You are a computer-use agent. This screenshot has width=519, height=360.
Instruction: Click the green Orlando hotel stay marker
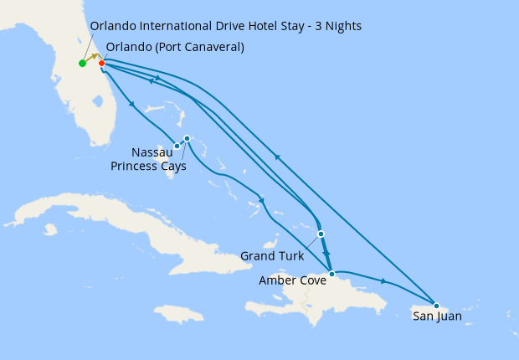[x=82, y=63]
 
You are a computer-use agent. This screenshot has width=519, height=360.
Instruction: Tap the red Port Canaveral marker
[x=101, y=63]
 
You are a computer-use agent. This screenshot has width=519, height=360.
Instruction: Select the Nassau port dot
[x=177, y=147]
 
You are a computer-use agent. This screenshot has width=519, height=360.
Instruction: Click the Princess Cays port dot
[x=187, y=138]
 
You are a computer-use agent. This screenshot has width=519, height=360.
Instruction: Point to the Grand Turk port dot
[x=321, y=234]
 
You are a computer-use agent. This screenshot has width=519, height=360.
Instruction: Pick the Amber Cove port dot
[x=331, y=274]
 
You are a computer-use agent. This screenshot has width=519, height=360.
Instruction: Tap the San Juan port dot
[x=436, y=305]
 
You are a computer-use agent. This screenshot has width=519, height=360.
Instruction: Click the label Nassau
[x=152, y=152]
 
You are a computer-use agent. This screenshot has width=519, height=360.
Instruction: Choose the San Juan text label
[x=437, y=316]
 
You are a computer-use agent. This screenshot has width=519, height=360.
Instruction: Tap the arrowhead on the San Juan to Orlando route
[x=277, y=157]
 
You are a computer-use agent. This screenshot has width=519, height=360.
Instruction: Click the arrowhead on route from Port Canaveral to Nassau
[x=132, y=104]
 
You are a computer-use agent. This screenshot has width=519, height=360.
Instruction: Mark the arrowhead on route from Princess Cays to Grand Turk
[x=262, y=200]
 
